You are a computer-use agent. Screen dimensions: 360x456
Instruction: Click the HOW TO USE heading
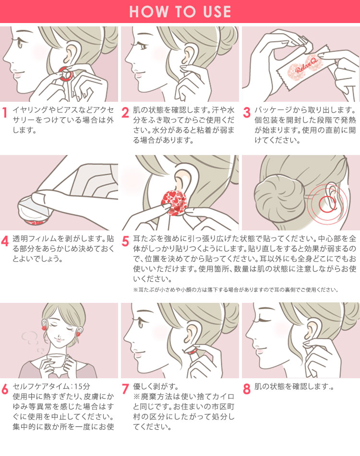180,12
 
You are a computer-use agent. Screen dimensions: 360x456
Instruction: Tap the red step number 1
5,112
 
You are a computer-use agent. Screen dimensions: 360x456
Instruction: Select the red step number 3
247,112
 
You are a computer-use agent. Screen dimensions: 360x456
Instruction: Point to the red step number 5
125,241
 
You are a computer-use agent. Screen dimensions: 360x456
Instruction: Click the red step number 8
247,389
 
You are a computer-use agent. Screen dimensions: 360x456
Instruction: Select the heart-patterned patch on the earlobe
174,202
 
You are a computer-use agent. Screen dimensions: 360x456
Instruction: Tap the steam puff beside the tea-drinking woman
30,337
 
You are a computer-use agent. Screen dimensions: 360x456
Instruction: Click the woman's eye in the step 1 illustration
20,44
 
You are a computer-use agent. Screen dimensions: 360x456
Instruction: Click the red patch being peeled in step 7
192,351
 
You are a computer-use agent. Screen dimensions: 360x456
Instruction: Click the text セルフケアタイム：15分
51,386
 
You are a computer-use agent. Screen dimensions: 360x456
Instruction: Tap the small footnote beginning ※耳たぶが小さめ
236,289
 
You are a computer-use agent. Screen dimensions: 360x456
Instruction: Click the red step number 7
125,389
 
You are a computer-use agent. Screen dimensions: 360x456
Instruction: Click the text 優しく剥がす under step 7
156,386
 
